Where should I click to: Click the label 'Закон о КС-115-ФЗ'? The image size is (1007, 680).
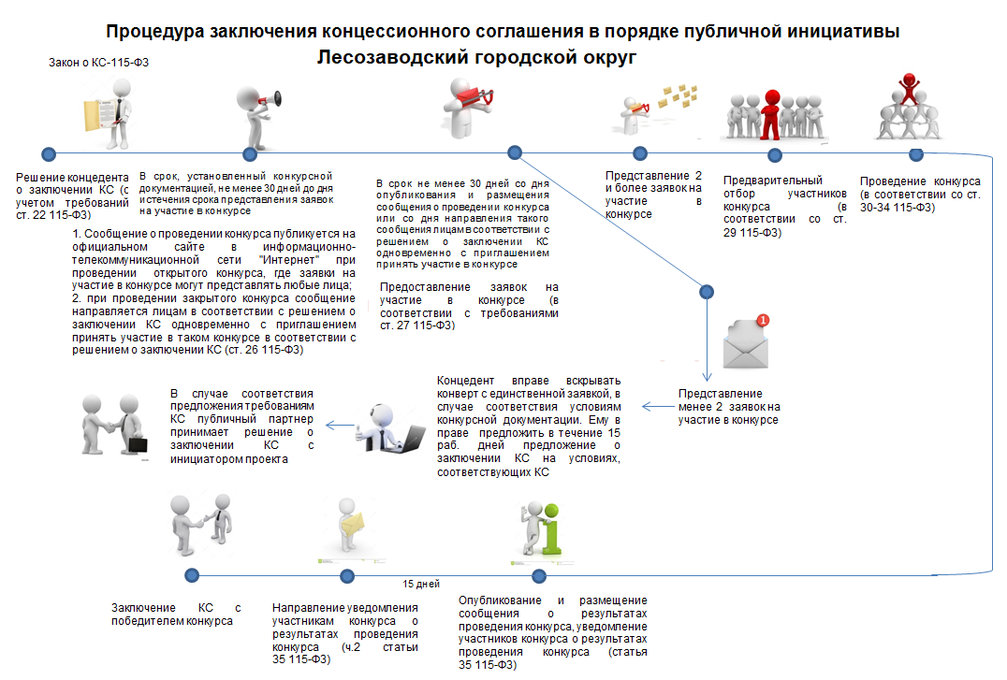tap(99, 64)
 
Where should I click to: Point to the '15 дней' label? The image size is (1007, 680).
tap(420, 584)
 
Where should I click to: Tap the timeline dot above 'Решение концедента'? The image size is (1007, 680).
tap(49, 153)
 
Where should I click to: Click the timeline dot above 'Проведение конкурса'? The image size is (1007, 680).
tap(916, 152)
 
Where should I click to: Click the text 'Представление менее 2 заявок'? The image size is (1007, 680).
tap(728, 407)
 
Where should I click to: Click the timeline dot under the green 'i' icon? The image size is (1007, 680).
tap(538, 575)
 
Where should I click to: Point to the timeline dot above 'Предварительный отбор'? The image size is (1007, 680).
tap(774, 153)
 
